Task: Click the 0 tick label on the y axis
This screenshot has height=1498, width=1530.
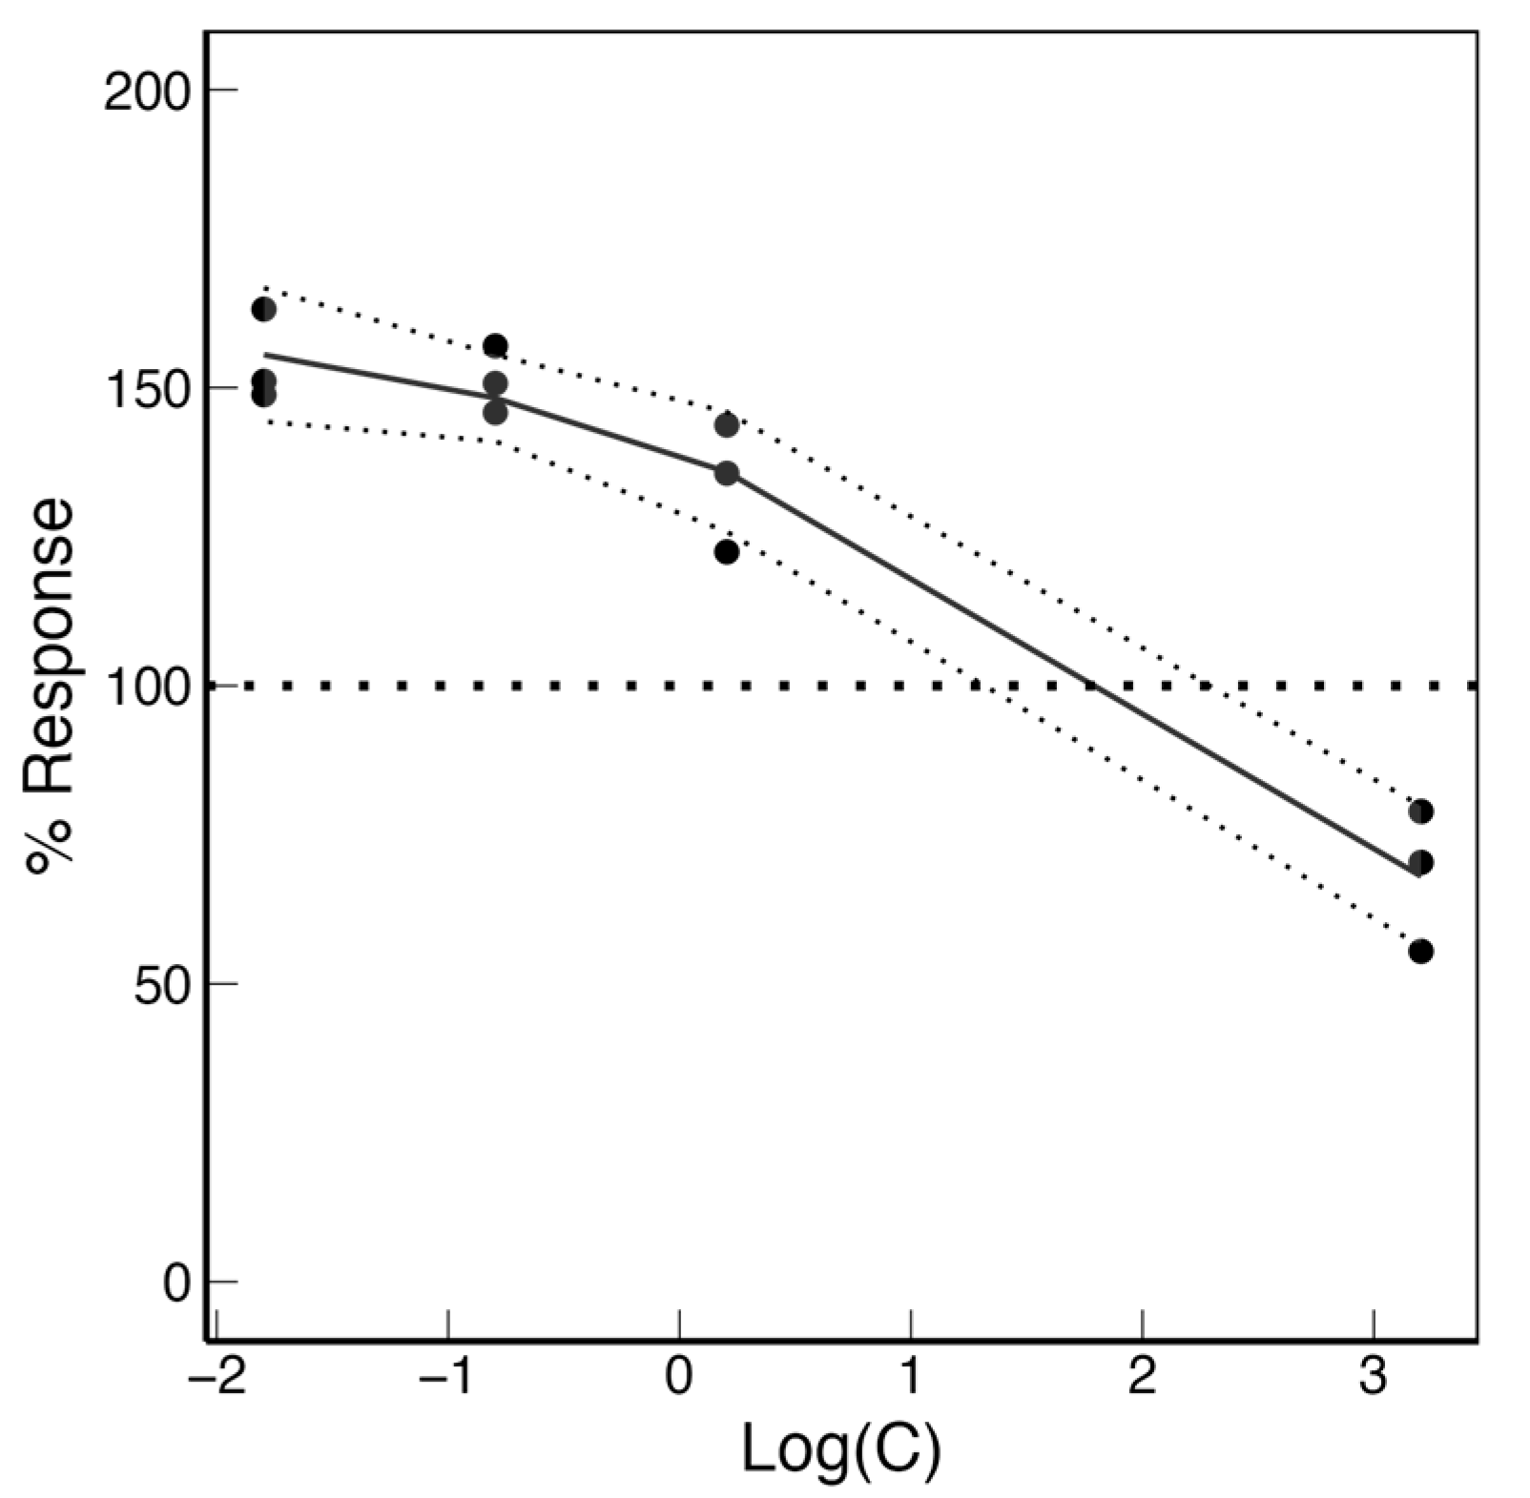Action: click(x=176, y=1283)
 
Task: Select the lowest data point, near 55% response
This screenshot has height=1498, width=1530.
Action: click(x=1420, y=951)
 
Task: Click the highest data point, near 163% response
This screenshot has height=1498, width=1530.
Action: click(x=264, y=309)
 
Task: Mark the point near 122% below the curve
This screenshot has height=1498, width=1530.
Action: click(x=727, y=551)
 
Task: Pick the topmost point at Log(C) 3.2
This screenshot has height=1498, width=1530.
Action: click(x=1420, y=811)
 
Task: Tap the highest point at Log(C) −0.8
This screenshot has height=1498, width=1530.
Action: click(x=495, y=345)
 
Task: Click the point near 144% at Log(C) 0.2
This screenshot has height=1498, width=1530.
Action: click(x=727, y=424)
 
